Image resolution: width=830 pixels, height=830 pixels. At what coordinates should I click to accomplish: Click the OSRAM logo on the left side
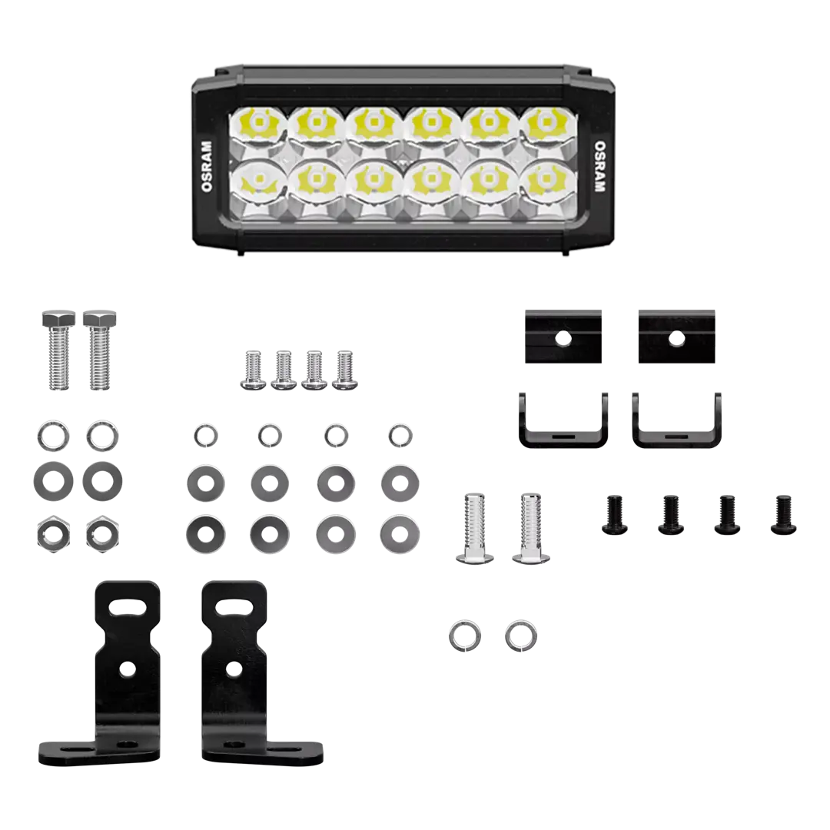pyautogui.click(x=207, y=166)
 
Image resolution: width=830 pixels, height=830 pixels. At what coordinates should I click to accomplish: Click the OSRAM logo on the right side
pyautogui.click(x=599, y=166)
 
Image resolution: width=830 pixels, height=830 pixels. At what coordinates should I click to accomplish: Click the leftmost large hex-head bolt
pyautogui.click(x=58, y=350)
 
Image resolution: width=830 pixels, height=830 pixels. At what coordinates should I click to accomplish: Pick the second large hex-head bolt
pyautogui.click(x=99, y=350)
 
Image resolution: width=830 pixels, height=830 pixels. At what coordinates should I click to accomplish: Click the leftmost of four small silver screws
pyautogui.click(x=253, y=370)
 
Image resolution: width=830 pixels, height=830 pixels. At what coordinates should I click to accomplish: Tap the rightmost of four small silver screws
pyautogui.click(x=344, y=370)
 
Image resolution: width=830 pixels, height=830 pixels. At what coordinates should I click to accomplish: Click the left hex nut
pyautogui.click(x=53, y=533)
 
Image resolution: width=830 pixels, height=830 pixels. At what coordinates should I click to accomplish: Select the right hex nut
pyautogui.click(x=102, y=533)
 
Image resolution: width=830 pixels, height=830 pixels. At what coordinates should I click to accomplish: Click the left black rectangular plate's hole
pyautogui.click(x=563, y=337)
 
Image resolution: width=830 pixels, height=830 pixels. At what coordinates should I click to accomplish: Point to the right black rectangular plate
pyautogui.click(x=676, y=337)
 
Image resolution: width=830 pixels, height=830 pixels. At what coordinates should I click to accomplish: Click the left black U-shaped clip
pyautogui.click(x=563, y=437)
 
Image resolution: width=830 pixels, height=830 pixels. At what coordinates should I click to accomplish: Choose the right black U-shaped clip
pyautogui.click(x=676, y=437)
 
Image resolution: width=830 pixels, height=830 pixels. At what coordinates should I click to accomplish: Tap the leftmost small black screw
pyautogui.click(x=615, y=514)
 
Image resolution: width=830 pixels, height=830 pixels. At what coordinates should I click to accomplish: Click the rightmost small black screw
pyautogui.click(x=783, y=514)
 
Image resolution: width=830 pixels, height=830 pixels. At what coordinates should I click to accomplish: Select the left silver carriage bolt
pyautogui.click(x=474, y=528)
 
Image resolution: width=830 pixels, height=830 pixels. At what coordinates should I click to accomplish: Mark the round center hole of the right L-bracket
pyautogui.click(x=234, y=669)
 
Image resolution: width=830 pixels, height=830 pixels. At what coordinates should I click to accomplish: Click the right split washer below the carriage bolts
pyautogui.click(x=521, y=636)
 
